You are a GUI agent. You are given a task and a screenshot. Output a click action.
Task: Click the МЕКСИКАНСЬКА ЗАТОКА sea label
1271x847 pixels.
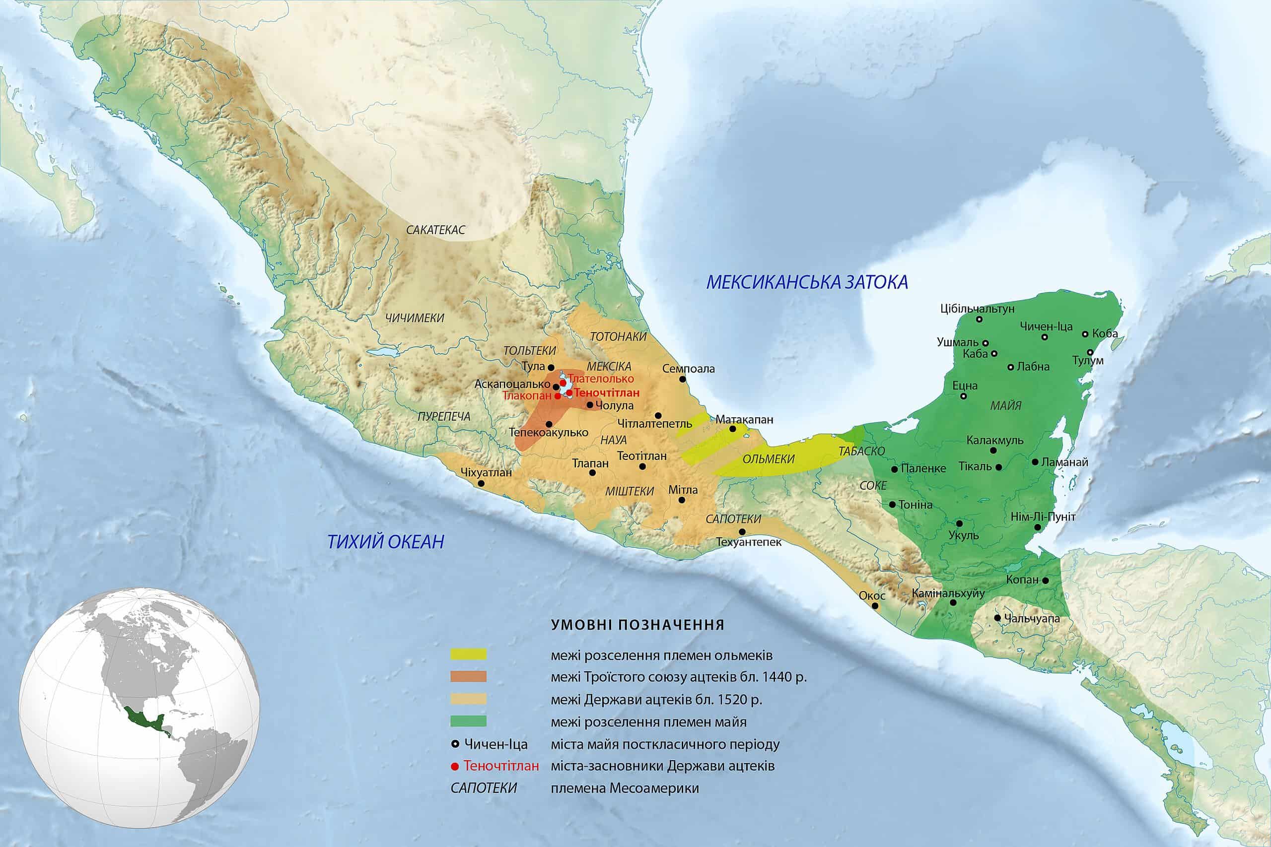pyautogui.click(x=807, y=282)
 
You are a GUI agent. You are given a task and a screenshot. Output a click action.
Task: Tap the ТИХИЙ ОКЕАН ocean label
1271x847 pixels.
pyautogui.click(x=386, y=541)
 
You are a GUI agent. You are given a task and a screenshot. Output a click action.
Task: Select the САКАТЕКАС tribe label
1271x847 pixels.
pyautogui.click(x=435, y=230)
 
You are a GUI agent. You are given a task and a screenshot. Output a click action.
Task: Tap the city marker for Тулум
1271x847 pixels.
pyautogui.click(x=1090, y=352)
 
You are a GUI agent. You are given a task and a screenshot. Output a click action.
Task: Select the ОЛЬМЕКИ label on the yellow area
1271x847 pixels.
pyautogui.click(x=769, y=459)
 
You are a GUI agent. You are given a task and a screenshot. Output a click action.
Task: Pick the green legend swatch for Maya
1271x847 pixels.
pyautogui.click(x=469, y=721)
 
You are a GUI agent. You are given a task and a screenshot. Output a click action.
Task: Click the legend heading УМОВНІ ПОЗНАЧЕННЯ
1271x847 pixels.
pyautogui.click(x=637, y=626)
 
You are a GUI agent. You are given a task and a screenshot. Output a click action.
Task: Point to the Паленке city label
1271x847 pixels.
pyautogui.click(x=922, y=468)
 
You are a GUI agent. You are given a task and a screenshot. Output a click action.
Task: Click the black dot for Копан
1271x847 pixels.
pyautogui.click(x=1045, y=580)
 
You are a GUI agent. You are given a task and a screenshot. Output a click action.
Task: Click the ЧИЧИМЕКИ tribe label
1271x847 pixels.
pyautogui.click(x=415, y=318)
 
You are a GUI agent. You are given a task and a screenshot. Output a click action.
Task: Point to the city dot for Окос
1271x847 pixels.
pyautogui.click(x=875, y=605)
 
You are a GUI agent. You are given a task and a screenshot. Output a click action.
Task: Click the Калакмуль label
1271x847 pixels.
pyautogui.click(x=995, y=440)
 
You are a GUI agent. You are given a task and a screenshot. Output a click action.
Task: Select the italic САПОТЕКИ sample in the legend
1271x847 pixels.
pyautogui.click(x=484, y=788)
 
